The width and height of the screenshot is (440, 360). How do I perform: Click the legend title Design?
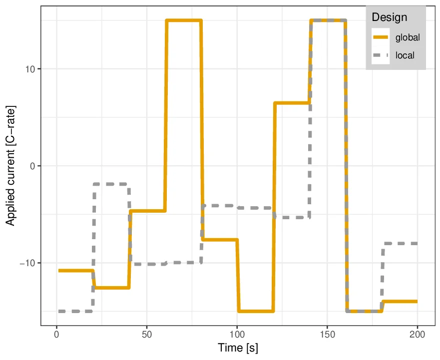pyautogui.click(x=389, y=17)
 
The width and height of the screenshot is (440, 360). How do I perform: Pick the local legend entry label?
pyautogui.click(x=405, y=55)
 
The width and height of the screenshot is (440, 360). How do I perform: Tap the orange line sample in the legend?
pyautogui.click(x=381, y=37)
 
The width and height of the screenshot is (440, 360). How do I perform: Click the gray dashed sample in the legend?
pyautogui.click(x=381, y=55)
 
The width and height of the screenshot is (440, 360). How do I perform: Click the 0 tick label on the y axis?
pyautogui.click(x=33, y=166)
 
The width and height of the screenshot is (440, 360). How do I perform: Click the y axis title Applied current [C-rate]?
pyautogui.click(x=10, y=165)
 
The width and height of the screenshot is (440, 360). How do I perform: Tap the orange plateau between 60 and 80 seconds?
pyautogui.click(x=184, y=20)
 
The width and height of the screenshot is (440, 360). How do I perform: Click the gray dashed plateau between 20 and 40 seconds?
pyautogui.click(x=111, y=184)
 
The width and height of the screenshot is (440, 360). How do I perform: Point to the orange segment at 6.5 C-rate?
pyautogui.click(x=292, y=103)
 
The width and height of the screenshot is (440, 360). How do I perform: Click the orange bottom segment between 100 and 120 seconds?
pyautogui.click(x=256, y=311)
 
